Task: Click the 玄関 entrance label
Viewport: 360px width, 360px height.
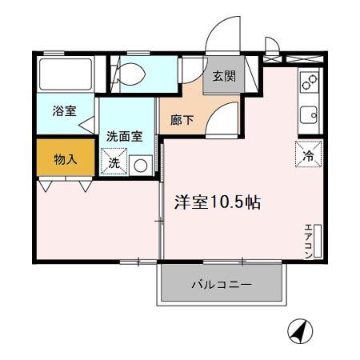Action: [x=224, y=77]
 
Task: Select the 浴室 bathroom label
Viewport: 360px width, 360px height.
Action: [x=65, y=111]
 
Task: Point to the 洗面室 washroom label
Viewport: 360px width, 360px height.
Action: [x=124, y=136]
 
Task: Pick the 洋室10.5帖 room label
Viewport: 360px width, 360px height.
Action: [x=218, y=202]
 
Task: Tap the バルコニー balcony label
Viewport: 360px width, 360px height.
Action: [x=222, y=285]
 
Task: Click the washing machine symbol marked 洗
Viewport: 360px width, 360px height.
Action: [x=114, y=163]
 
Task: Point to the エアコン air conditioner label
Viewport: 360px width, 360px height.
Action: [x=308, y=240]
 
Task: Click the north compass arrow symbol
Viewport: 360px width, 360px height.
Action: [x=300, y=330]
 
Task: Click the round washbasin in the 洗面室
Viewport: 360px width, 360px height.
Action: [x=141, y=166]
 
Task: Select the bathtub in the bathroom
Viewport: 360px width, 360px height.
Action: [x=66, y=74]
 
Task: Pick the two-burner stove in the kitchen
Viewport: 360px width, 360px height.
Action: [x=309, y=82]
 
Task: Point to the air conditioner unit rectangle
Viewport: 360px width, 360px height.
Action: [x=318, y=240]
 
